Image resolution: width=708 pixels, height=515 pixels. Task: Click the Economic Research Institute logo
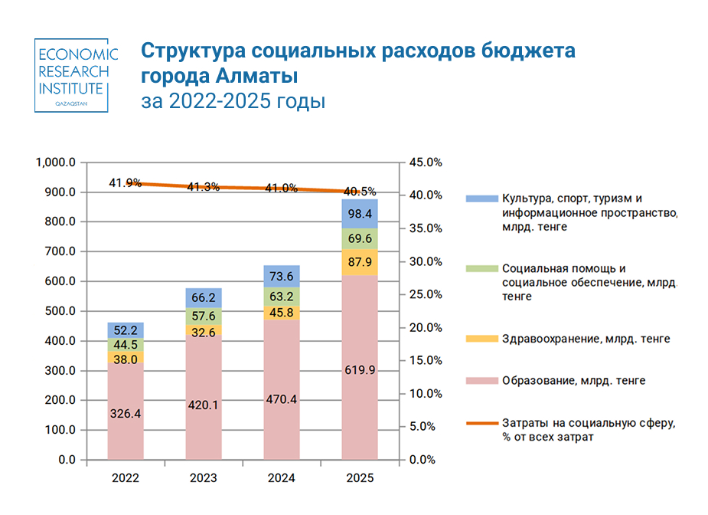click(x=71, y=75)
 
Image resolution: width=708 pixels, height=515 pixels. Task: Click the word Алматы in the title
click(x=256, y=76)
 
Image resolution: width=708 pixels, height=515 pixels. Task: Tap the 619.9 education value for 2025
click(x=360, y=370)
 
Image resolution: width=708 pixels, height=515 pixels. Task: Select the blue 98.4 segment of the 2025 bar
click(x=360, y=214)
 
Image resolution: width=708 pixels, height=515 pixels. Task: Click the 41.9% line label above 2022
click(x=125, y=183)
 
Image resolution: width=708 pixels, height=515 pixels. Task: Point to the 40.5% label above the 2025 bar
click(x=360, y=192)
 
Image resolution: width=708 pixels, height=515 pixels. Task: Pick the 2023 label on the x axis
click(x=203, y=478)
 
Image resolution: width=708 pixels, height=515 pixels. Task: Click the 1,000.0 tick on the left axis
click(x=56, y=162)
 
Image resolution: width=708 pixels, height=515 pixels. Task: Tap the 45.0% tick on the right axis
click(x=426, y=162)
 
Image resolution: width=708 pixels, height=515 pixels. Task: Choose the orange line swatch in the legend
click(x=481, y=423)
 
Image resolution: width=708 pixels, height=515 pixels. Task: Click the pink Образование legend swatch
click(x=481, y=381)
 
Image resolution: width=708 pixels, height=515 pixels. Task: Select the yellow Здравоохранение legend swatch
click(x=481, y=339)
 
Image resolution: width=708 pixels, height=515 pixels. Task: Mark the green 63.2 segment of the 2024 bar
click(x=282, y=297)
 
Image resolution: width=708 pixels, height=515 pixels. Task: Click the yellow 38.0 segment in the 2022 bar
click(x=126, y=357)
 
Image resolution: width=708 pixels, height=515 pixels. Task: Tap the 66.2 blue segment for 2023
click(x=204, y=298)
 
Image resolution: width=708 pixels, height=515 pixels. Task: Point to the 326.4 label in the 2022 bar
click(x=126, y=413)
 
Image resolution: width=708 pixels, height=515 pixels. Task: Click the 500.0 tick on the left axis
click(x=60, y=311)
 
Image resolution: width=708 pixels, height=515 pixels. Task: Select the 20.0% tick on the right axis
click(x=426, y=327)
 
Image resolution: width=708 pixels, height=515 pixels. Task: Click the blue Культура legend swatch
click(x=481, y=198)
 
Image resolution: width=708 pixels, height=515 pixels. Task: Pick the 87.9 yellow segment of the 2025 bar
click(x=360, y=262)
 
